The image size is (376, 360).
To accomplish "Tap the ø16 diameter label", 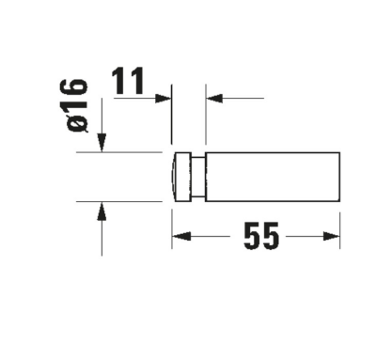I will coord(77,105).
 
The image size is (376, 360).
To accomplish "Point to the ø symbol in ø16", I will coord(77,123).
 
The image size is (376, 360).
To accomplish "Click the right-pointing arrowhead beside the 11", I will coord(164,96).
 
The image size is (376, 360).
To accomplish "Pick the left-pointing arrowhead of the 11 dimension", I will coord(212,96).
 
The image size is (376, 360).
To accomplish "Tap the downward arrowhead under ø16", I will coord(102,143).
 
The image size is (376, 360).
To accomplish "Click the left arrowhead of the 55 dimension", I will coord(179,237).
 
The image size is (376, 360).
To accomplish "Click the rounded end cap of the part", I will coord(180,176).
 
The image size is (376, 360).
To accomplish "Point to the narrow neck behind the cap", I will coord(197,176).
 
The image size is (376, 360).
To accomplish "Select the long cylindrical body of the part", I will coord(273,176).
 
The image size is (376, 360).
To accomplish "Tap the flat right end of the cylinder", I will coord(338,176).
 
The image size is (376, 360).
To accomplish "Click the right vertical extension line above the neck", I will coord(205,117).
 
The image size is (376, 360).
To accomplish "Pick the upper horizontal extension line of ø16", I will coord(132,152).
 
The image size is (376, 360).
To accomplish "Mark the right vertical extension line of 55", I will coord(339,221).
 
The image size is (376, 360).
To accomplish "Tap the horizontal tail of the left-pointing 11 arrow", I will coord(230,96).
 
